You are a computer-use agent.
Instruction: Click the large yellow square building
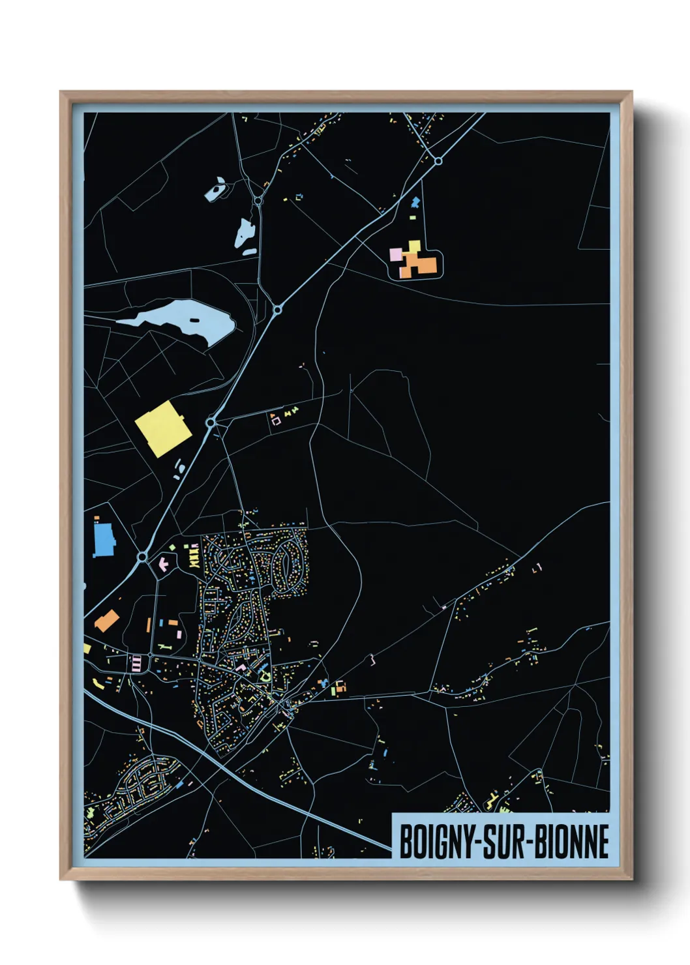(162, 428)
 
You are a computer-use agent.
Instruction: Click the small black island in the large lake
(194, 320)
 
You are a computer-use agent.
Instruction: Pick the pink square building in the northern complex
(395, 254)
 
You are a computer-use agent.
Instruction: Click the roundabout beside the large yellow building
(211, 423)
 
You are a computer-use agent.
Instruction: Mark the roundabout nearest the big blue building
(142, 557)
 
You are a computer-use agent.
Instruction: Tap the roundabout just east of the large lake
(277, 309)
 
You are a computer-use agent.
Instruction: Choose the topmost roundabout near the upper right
(438, 160)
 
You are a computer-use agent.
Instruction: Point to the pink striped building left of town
(137, 664)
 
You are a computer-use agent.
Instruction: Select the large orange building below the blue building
(106, 621)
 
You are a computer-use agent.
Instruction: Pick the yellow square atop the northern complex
(414, 246)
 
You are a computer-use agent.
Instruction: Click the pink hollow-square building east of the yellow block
(276, 421)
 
